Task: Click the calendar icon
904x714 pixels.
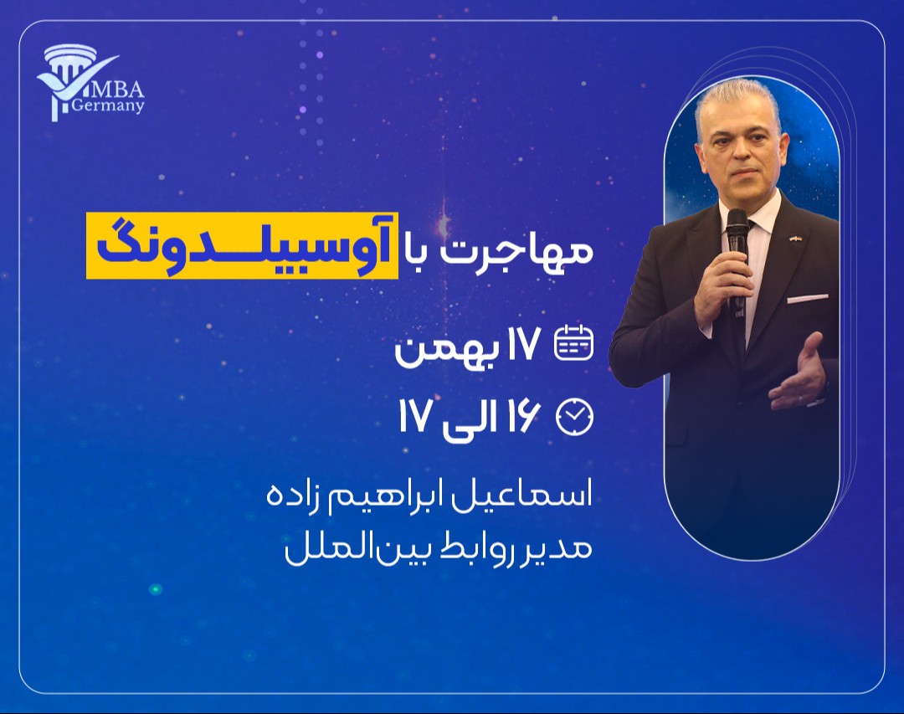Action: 574,342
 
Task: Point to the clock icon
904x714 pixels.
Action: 574,417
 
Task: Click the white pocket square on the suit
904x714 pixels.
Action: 807,298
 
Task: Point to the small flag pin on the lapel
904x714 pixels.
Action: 795,238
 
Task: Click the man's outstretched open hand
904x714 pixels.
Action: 799,372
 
